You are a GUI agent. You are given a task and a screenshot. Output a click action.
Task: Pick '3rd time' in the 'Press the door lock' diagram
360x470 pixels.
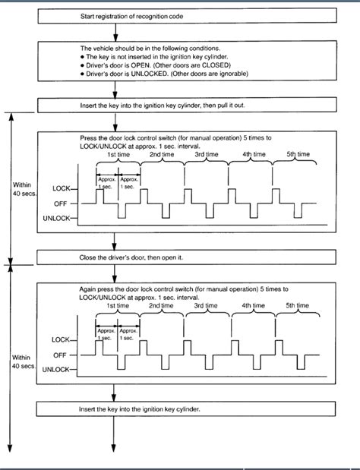click(207, 155)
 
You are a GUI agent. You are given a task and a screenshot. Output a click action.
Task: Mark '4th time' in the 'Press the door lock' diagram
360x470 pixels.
click(252, 155)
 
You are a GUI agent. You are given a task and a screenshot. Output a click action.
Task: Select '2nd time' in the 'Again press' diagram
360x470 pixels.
click(163, 306)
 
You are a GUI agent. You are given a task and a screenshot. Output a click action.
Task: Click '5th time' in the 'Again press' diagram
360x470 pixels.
click(298, 306)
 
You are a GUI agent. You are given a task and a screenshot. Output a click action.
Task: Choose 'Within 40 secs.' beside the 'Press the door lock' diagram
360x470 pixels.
click(22, 188)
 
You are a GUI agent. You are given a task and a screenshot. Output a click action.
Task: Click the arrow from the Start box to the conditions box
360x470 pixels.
click(114, 33)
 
